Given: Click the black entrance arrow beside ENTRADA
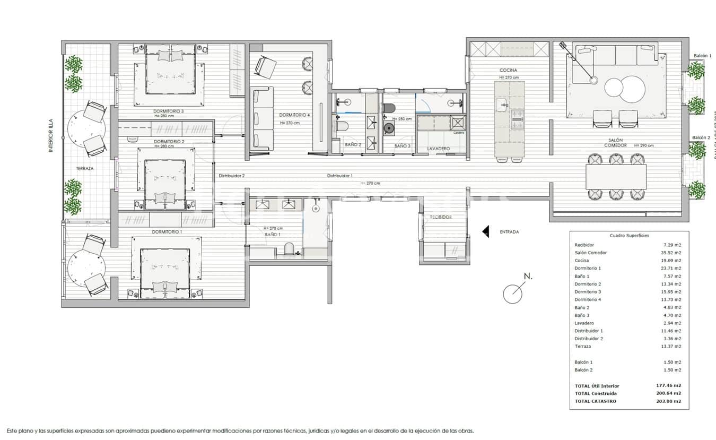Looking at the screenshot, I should tap(485, 232).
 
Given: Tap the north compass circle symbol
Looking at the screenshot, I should tap(512, 294).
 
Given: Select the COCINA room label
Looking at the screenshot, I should tap(508, 70).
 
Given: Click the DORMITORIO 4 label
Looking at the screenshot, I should tap(294, 115).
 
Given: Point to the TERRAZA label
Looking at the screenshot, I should tap(84, 168).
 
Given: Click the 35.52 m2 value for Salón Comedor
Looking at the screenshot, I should tap(673, 253).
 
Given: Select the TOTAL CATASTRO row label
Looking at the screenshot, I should tap(595, 401).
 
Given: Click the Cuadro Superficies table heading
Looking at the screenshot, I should tap(629, 236).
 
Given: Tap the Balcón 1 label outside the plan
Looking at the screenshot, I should tap(702, 55).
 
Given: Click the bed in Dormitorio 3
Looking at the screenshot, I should tap(170, 77).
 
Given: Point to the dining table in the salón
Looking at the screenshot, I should tap(616, 177).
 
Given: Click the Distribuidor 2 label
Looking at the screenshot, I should tap(232, 176).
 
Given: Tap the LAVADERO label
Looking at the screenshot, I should tap(438, 149).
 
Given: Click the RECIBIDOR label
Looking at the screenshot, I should tap(441, 217).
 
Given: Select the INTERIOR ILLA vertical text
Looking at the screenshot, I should tap(51, 135).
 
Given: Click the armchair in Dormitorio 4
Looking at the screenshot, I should tap(265, 67).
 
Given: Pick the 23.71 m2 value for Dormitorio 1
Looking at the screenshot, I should tap(673, 268).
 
